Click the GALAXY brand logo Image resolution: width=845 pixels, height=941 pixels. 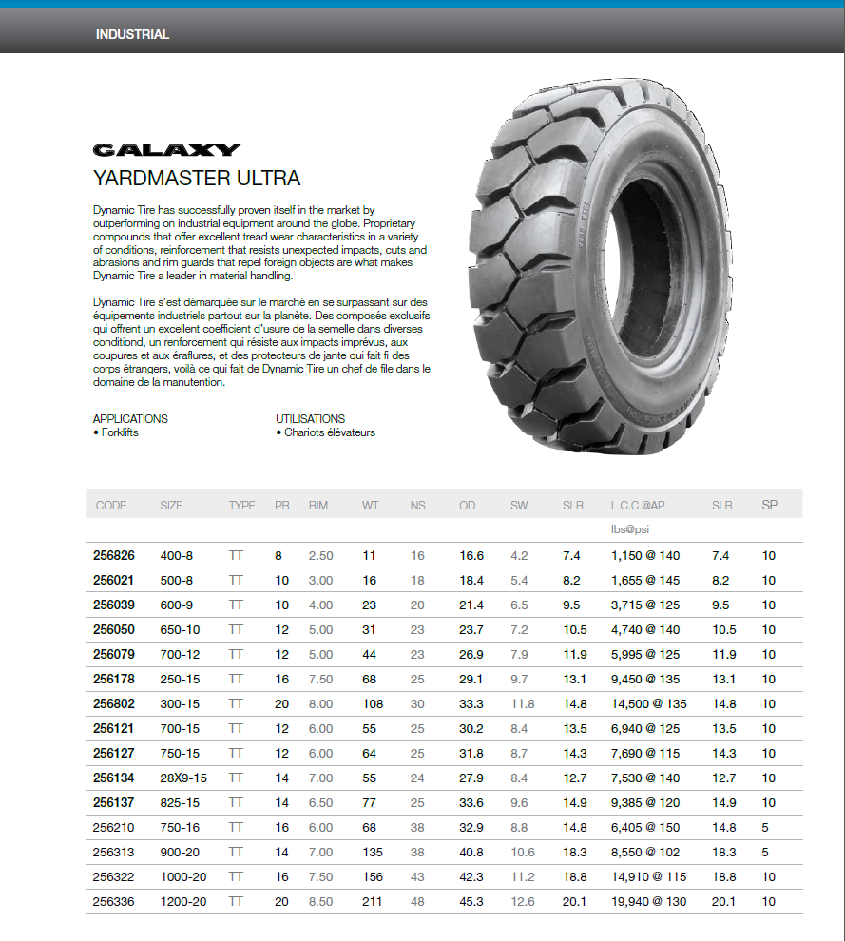click(x=166, y=150)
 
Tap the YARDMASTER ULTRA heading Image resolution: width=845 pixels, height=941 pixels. click(x=197, y=178)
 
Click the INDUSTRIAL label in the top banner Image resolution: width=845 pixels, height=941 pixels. click(x=132, y=35)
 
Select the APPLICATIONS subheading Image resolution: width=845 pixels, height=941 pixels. click(x=130, y=418)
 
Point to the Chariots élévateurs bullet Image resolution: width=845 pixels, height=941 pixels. click(x=326, y=432)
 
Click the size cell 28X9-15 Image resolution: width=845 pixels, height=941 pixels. click(x=183, y=778)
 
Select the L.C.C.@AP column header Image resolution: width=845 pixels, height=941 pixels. click(x=638, y=505)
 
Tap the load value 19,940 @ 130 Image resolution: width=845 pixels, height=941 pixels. click(x=648, y=901)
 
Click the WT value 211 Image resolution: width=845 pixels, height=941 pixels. click(x=373, y=901)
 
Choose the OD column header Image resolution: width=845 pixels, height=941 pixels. click(x=467, y=505)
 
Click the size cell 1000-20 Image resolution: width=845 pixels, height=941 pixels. click(x=183, y=876)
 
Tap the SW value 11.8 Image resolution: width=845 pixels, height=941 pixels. click(x=523, y=703)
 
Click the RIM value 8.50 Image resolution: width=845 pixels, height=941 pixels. click(x=320, y=901)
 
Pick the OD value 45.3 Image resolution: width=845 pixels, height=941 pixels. click(x=471, y=901)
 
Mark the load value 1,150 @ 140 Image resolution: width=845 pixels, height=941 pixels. click(x=645, y=555)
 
